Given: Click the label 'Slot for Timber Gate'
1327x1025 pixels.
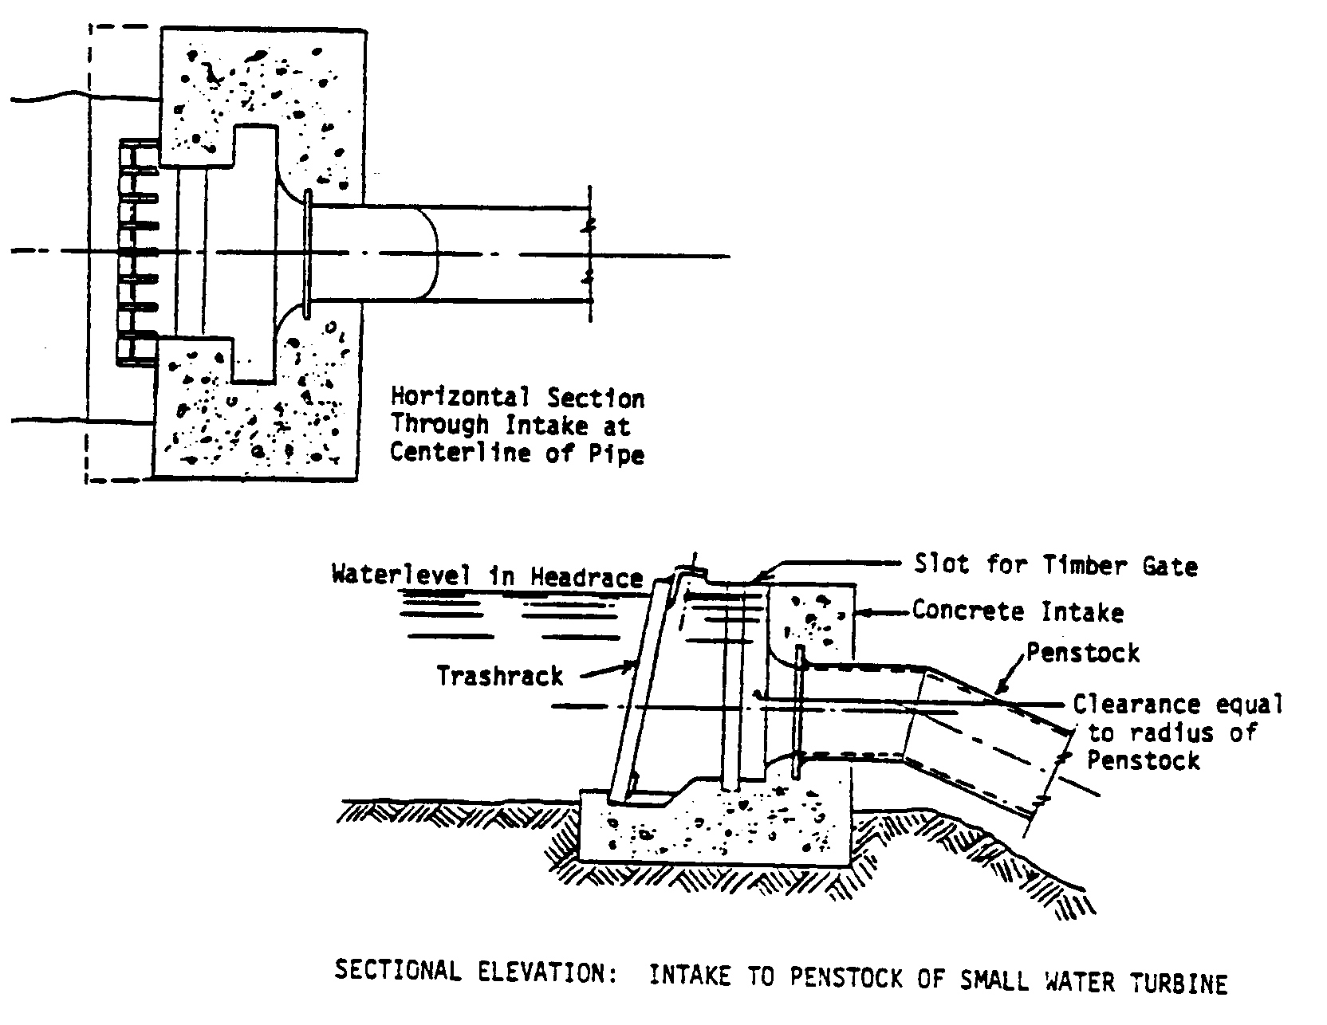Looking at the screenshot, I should point(1055,566).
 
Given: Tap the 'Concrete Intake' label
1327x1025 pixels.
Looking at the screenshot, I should point(1018,612).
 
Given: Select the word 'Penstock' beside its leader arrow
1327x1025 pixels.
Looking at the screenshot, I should point(1083,654).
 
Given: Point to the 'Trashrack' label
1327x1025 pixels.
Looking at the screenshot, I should point(500,677).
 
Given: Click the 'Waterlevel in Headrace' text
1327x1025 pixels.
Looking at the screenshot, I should point(487,576).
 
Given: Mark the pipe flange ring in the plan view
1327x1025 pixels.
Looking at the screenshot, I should point(308,253).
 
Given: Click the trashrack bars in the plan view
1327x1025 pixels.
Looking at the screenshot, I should point(137,253).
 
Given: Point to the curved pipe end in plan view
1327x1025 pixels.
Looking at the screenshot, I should point(431,253).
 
